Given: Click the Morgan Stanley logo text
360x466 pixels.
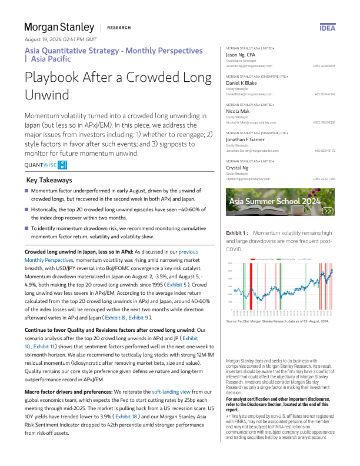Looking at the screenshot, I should point(59,27).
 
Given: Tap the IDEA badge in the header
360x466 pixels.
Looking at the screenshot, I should point(327,28).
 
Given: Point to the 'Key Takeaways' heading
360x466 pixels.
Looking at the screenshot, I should point(49,180).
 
